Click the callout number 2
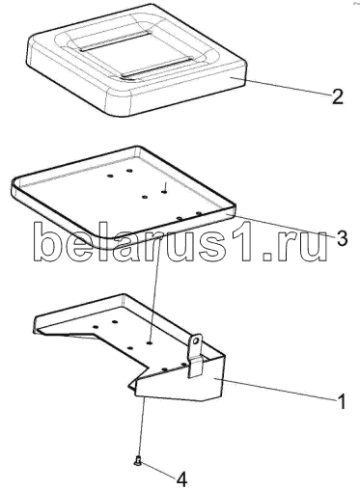tap(337, 95)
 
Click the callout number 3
tap(342, 238)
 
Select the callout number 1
tap(342, 401)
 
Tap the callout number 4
tap(181, 480)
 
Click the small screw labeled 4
tap(136, 462)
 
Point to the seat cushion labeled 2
tap(137, 60)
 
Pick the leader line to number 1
tap(277, 390)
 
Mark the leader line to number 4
tap(158, 471)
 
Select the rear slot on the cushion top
tap(113, 41)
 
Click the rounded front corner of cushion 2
tap(119, 103)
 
